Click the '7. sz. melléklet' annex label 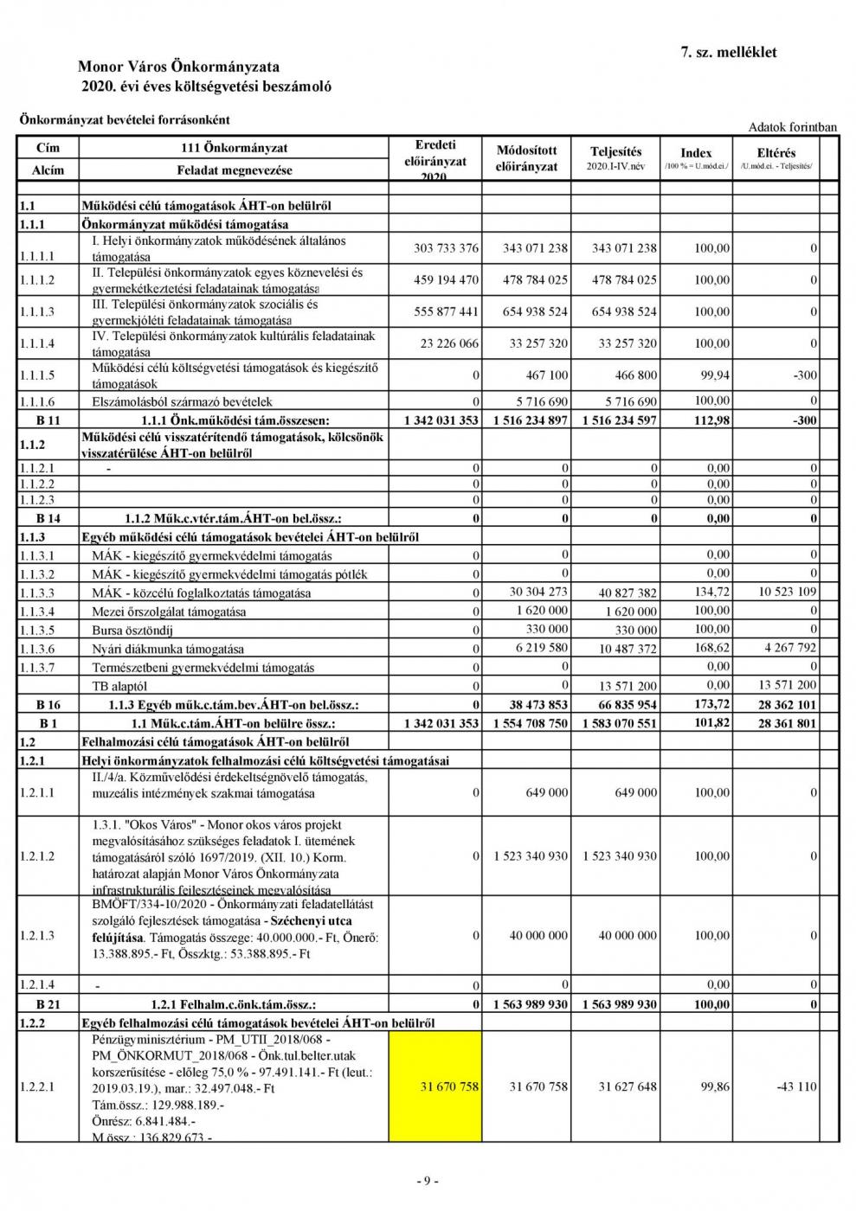[x=729, y=52]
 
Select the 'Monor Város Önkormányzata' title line [x=178, y=67]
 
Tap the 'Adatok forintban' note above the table [x=792, y=127]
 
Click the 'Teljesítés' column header [x=615, y=152]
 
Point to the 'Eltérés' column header [x=776, y=153]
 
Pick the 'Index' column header [x=696, y=153]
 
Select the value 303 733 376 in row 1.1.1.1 [x=446, y=248]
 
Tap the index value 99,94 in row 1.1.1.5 [x=712, y=375]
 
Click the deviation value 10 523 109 [x=787, y=593]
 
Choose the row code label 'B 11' [x=48, y=420]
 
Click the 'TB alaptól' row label [x=119, y=686]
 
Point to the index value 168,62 [x=712, y=648]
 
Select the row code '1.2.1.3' [x=36, y=936]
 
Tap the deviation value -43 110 [x=795, y=1086]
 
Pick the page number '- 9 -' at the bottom [x=428, y=1182]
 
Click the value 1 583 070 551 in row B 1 [x=619, y=723]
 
